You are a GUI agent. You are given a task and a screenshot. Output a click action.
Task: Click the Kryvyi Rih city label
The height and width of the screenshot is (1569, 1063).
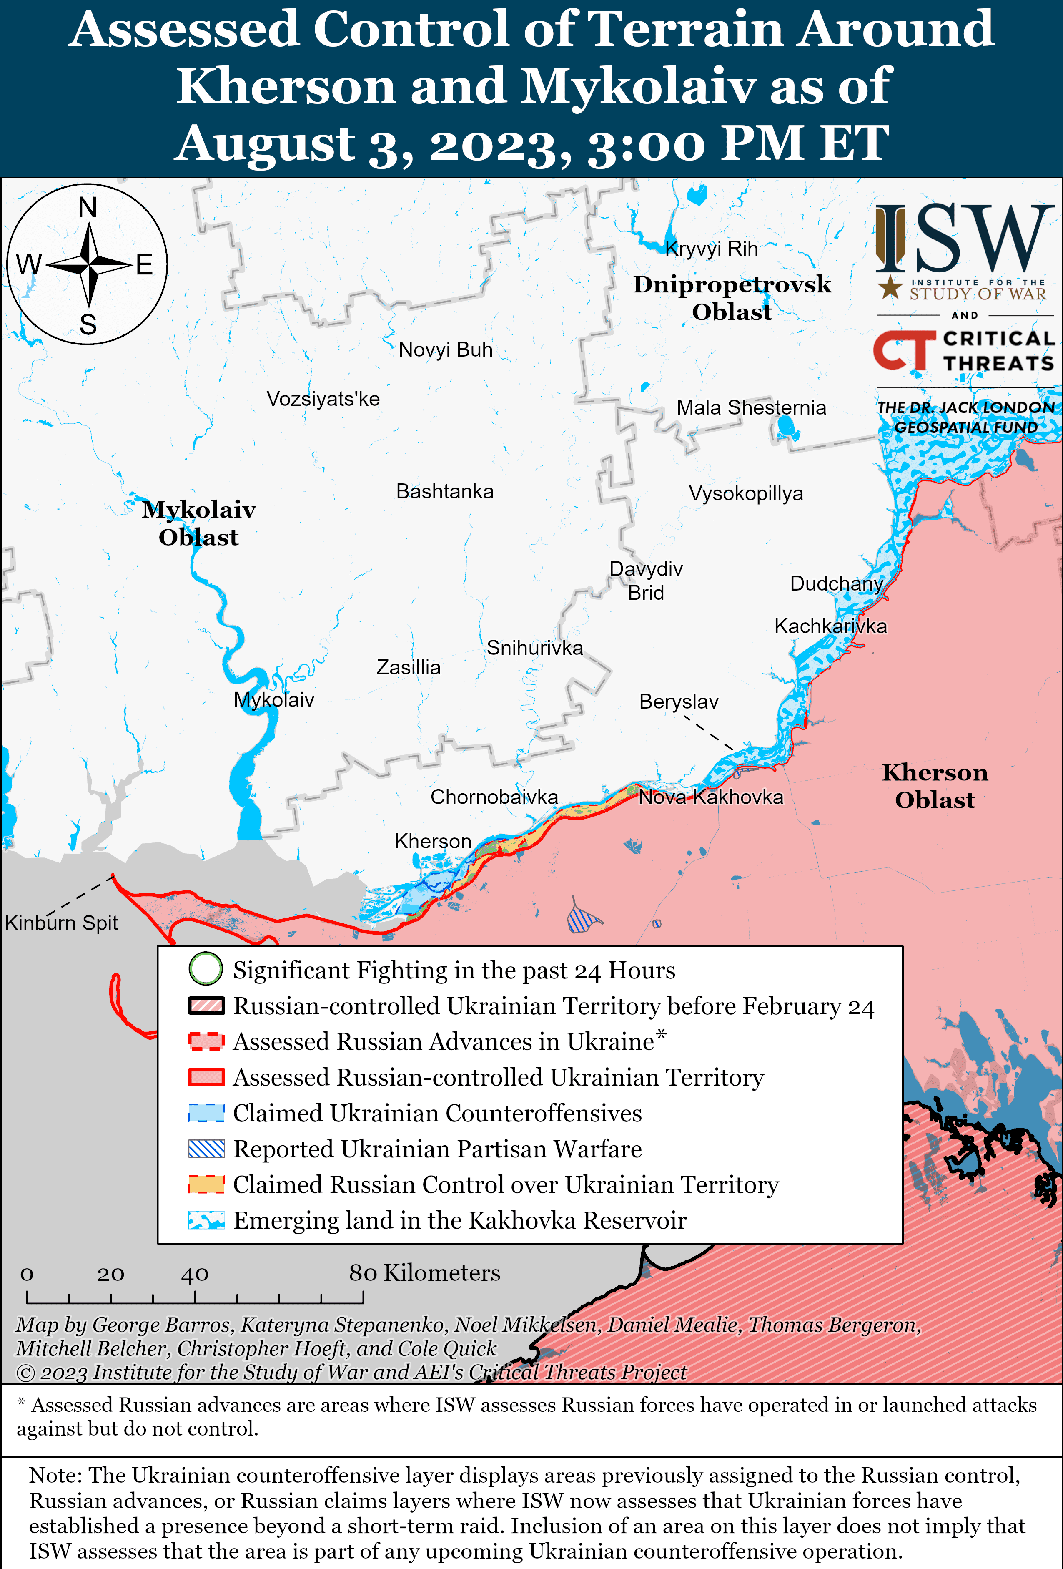711,249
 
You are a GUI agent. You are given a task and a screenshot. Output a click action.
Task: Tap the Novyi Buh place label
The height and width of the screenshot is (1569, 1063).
446,350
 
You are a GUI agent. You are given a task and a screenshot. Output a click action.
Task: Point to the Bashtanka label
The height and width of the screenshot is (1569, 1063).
445,491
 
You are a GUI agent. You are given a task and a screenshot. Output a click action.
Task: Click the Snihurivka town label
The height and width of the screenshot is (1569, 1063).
534,648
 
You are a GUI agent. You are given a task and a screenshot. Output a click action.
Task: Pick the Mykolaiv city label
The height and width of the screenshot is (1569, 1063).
273,700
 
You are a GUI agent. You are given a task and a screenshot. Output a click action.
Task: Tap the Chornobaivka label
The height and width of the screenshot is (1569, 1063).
494,797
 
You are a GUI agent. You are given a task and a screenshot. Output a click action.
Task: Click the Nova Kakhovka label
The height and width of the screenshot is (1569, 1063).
711,797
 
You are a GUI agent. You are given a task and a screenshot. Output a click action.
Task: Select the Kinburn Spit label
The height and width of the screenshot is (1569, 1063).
61,923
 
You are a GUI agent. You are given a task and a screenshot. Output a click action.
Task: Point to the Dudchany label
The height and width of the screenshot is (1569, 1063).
836,584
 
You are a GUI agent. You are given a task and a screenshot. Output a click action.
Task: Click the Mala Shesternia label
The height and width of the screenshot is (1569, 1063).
751,408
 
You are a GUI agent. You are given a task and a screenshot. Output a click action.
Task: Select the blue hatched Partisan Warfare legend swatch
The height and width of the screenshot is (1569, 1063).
206,1149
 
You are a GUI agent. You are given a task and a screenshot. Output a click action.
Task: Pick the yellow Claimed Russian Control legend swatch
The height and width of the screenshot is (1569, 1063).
206,1184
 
